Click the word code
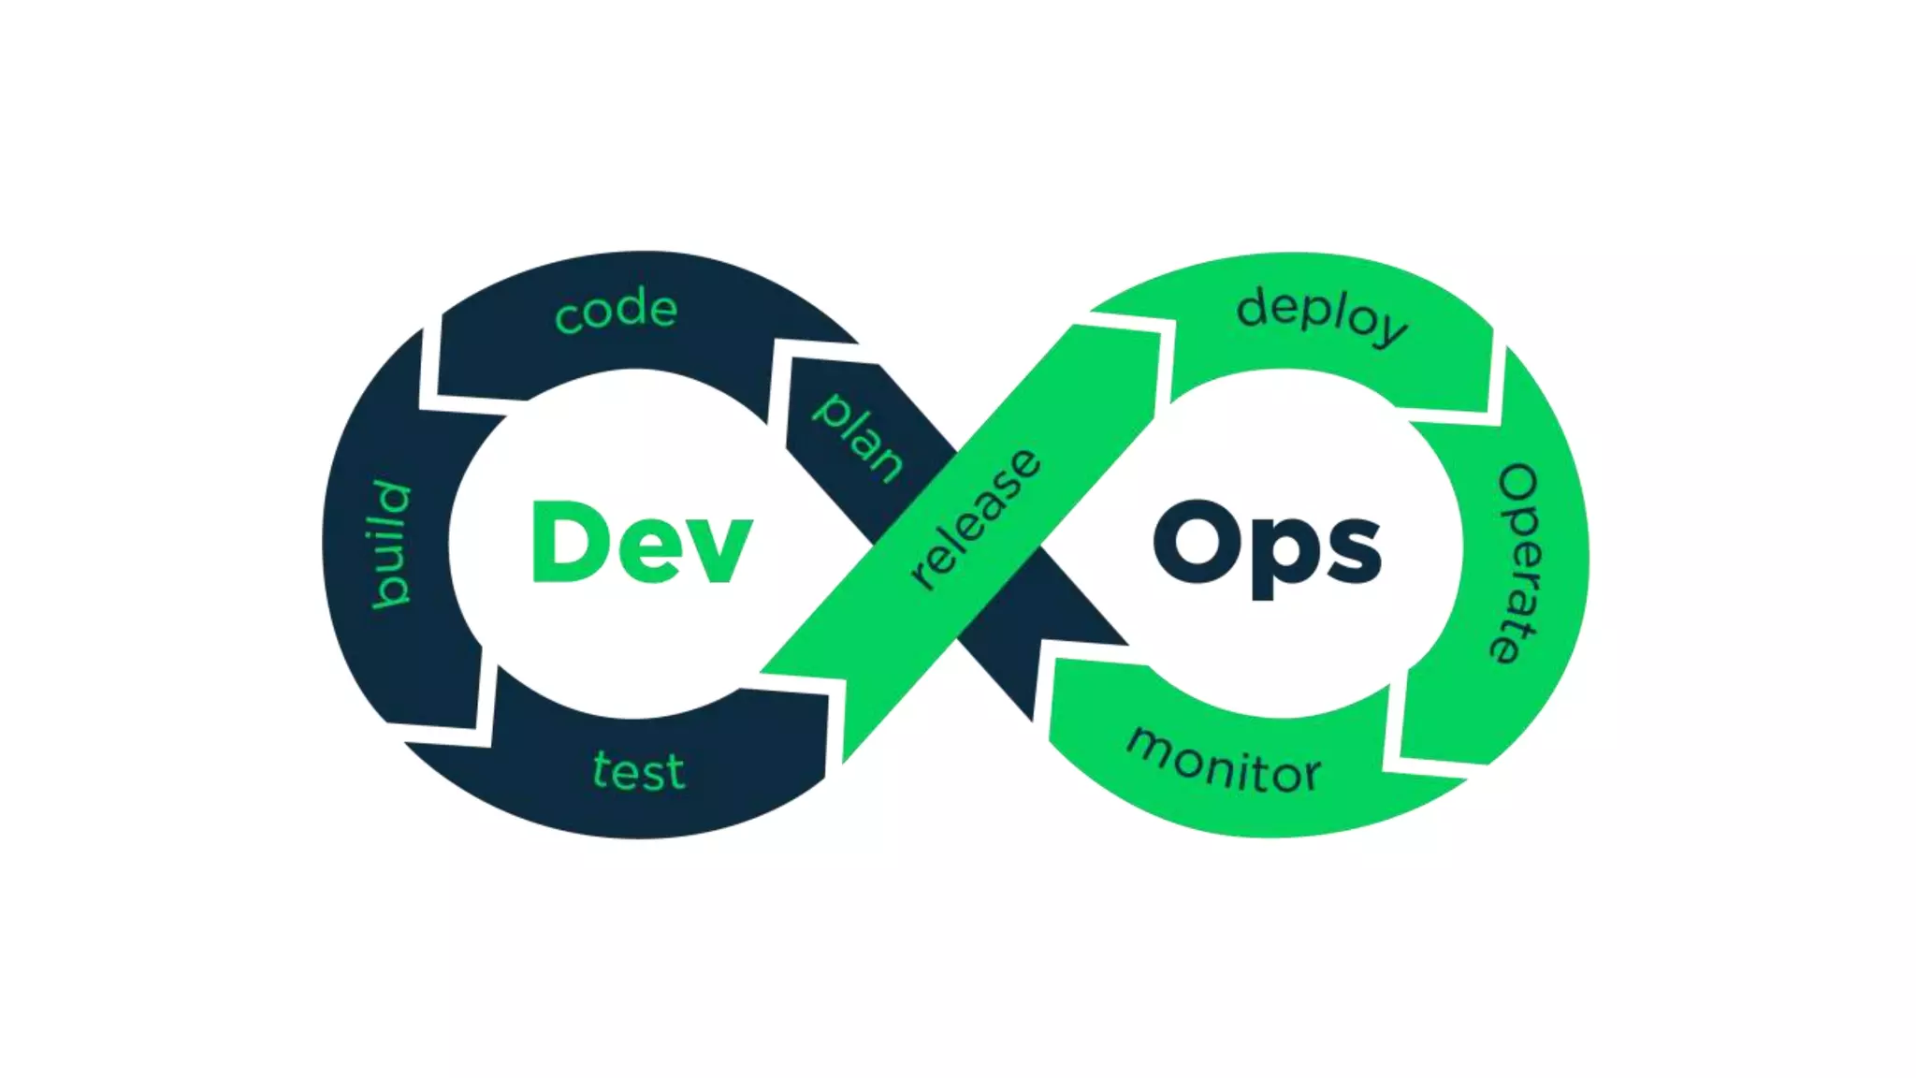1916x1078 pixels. pyautogui.click(x=616, y=311)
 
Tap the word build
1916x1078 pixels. pyautogui.click(x=391, y=544)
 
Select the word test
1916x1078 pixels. pyautogui.click(x=639, y=772)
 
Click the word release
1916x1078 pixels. pyautogui.click(x=975, y=519)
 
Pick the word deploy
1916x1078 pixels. pyautogui.click(x=1321, y=314)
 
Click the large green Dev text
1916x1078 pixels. pyautogui.click(x=642, y=542)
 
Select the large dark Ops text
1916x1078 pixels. pyautogui.click(x=1267, y=546)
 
